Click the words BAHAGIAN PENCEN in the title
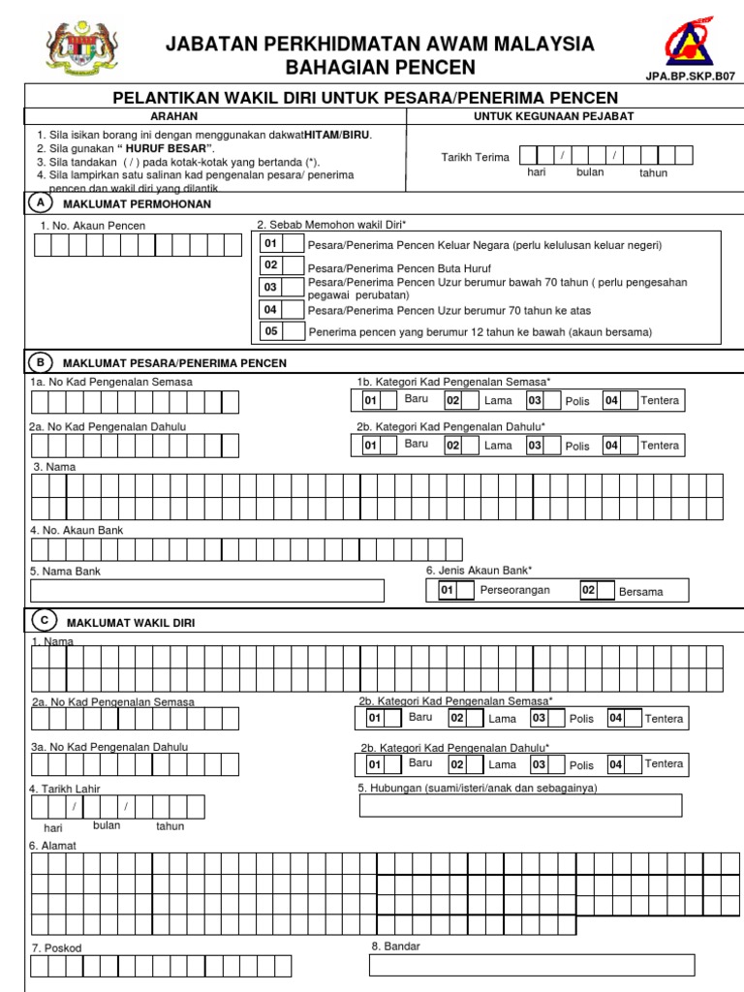click(380, 67)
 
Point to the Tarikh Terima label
click(475, 157)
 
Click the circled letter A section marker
click(39, 203)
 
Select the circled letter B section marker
click(40, 362)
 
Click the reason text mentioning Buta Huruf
click(399, 268)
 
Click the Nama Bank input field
click(207, 590)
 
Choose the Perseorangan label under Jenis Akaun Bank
click(514, 590)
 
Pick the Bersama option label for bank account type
click(641, 591)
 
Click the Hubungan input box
click(520, 806)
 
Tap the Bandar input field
click(532, 965)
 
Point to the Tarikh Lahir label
click(58, 789)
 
